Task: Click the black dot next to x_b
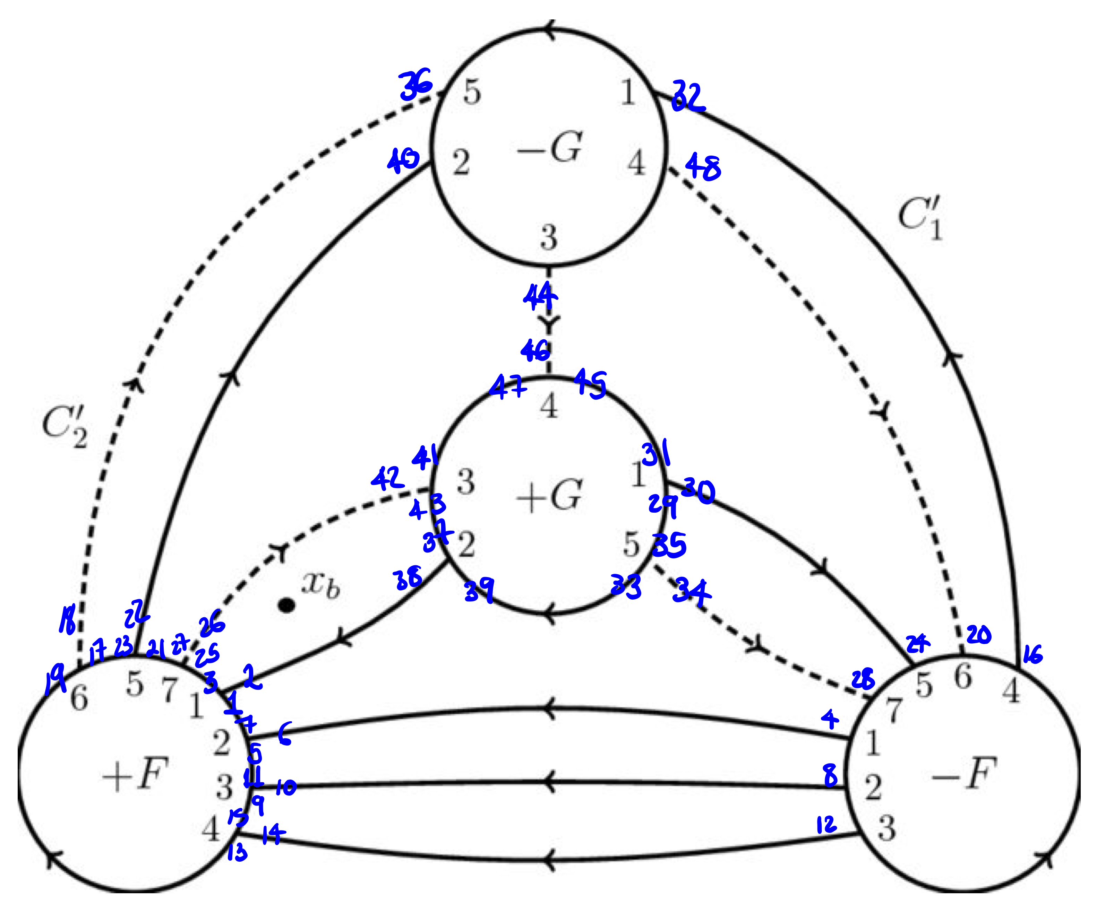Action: pyautogui.click(x=286, y=606)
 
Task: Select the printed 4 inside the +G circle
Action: pyautogui.click(x=549, y=406)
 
